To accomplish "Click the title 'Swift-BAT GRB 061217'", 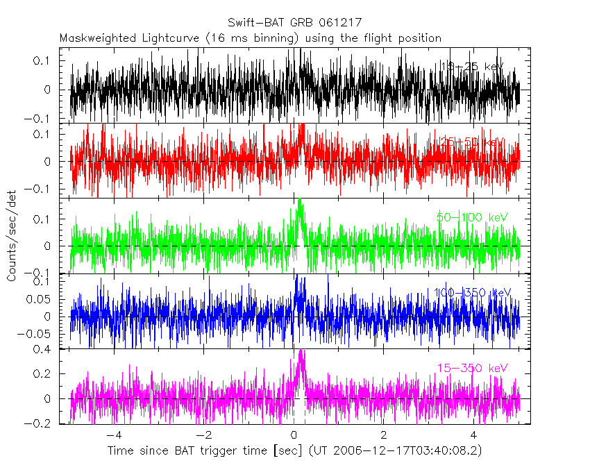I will [294, 23].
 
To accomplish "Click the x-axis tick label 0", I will [294, 435].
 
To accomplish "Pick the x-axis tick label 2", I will [383, 435].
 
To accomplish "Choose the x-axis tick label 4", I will [473, 435].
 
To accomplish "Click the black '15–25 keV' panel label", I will [473, 67].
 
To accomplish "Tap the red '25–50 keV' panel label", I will [472, 142].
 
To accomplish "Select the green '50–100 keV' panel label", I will [472, 217].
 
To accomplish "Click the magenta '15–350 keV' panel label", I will [472, 368].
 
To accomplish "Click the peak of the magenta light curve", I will [301, 351].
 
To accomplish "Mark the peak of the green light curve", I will [299, 201].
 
